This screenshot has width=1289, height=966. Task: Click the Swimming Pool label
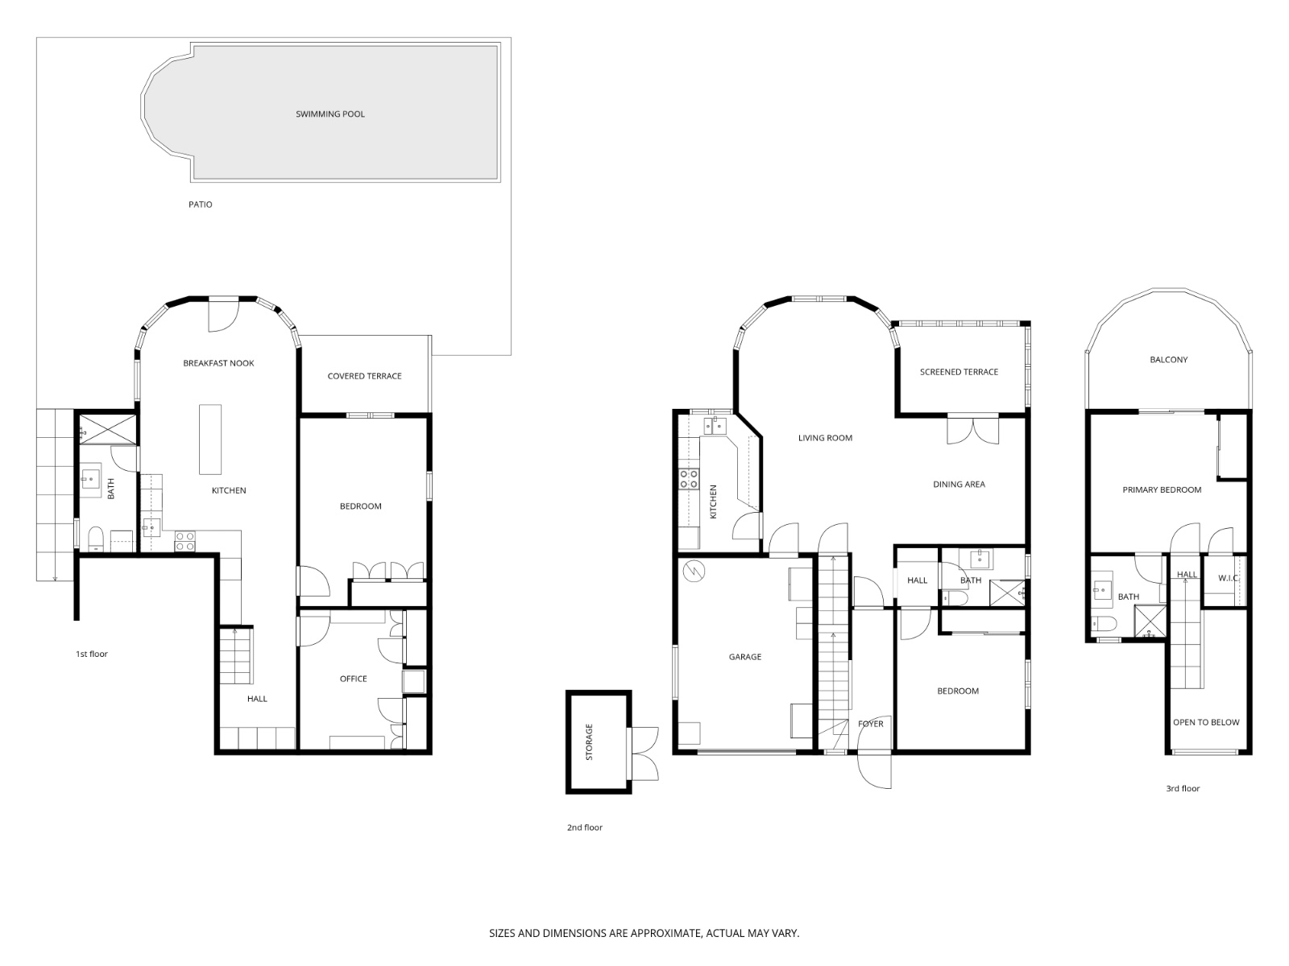(330, 114)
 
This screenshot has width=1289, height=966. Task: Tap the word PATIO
(201, 204)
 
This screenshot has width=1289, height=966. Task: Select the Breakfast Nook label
(218, 363)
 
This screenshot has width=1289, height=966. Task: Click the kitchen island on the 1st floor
(210, 439)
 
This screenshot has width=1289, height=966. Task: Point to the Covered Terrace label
(364, 376)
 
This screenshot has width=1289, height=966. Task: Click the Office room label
(353, 679)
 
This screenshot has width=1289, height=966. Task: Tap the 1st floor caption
(91, 654)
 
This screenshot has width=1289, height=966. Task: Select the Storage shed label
(589, 741)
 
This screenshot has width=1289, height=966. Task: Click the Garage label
(744, 657)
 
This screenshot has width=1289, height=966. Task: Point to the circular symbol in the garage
(692, 572)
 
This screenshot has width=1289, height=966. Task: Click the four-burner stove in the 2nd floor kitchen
(689, 479)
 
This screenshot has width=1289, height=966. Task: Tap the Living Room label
(825, 438)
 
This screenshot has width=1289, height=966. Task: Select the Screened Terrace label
(959, 372)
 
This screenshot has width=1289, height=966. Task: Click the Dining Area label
(959, 484)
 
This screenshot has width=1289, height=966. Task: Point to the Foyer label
(870, 724)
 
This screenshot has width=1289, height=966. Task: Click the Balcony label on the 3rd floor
(1168, 360)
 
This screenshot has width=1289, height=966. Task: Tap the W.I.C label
(1228, 577)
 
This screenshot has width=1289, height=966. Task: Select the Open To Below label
(1206, 722)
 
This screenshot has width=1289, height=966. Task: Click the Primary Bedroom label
(1162, 489)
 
